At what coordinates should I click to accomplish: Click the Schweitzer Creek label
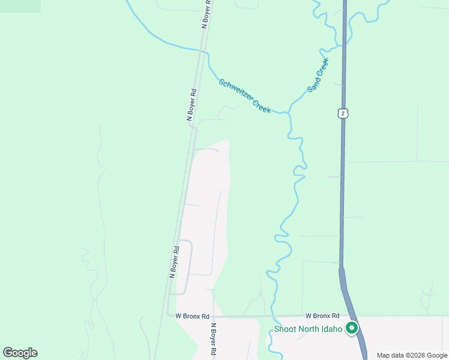244,96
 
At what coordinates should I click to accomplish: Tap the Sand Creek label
318,75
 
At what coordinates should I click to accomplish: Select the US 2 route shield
342,113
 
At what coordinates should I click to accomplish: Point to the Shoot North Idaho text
308,329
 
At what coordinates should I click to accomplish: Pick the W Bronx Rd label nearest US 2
322,316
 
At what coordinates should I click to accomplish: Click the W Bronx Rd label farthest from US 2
192,316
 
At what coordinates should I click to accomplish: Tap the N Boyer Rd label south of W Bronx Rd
213,340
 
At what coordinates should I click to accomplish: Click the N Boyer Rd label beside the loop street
174,262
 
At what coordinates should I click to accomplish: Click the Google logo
20,352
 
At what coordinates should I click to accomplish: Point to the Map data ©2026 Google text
412,355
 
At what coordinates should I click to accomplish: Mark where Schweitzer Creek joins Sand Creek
289,112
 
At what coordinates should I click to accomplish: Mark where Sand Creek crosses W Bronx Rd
273,316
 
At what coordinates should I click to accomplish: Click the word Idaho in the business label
333,329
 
